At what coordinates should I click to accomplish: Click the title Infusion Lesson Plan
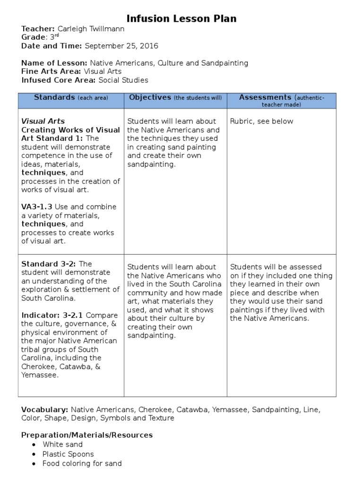(181, 19)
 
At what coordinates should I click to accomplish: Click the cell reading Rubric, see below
(261, 121)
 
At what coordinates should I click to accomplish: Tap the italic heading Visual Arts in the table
(43, 121)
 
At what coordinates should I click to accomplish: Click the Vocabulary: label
(45, 409)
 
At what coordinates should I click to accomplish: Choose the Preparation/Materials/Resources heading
(87, 435)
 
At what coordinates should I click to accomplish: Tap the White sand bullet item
(62, 444)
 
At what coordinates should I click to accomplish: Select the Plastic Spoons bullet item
(68, 454)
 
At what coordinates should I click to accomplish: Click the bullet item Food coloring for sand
(82, 464)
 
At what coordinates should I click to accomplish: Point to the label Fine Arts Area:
(52, 71)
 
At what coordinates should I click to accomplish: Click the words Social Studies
(123, 80)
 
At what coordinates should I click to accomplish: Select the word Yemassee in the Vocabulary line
(230, 409)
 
